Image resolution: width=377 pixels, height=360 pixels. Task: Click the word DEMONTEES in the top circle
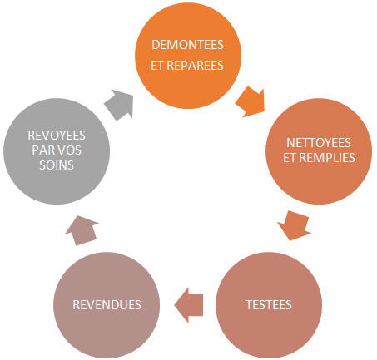point(187,45)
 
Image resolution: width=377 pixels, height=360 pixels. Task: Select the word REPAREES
point(195,66)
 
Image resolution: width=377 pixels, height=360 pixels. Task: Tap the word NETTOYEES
point(319,143)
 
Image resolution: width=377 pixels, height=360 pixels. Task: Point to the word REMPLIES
point(327,158)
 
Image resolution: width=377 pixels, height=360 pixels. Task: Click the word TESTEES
point(269,305)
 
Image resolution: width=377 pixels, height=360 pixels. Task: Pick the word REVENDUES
point(107,305)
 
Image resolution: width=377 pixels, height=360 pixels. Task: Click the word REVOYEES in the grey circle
point(57,136)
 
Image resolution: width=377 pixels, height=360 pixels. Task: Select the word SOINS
point(57,165)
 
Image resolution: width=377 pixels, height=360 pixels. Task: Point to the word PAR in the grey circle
point(42,150)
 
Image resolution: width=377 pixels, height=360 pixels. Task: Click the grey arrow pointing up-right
point(120,105)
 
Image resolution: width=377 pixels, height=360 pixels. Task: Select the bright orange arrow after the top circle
point(251,101)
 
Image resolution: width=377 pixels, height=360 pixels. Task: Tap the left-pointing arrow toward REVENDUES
point(189,305)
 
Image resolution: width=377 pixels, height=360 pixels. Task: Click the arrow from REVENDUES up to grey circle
point(82,230)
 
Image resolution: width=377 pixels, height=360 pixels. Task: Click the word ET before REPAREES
point(157,66)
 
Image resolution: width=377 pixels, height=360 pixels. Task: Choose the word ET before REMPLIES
point(290,158)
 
